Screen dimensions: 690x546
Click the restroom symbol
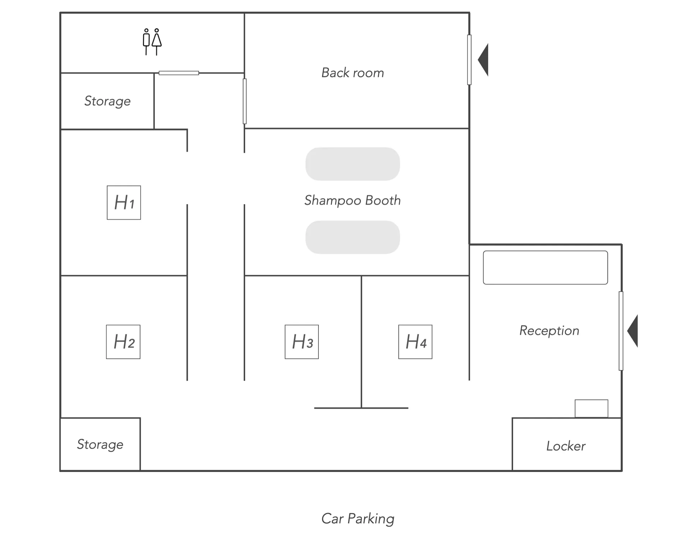click(x=152, y=42)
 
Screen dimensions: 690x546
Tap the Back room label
click(x=353, y=73)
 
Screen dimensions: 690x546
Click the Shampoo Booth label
click(x=353, y=200)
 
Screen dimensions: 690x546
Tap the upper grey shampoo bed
click(x=353, y=164)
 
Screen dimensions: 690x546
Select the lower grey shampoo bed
click(x=353, y=237)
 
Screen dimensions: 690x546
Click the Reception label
click(x=549, y=330)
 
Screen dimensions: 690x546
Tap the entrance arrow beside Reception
click(x=632, y=331)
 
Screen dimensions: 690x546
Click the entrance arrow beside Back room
click(x=483, y=60)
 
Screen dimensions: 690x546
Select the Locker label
click(x=566, y=446)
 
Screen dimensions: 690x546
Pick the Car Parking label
click(x=358, y=519)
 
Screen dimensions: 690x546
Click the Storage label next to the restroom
click(x=107, y=101)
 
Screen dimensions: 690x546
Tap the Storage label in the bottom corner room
click(x=100, y=444)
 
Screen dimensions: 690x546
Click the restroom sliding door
click(x=179, y=73)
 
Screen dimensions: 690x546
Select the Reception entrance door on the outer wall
click(x=621, y=331)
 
